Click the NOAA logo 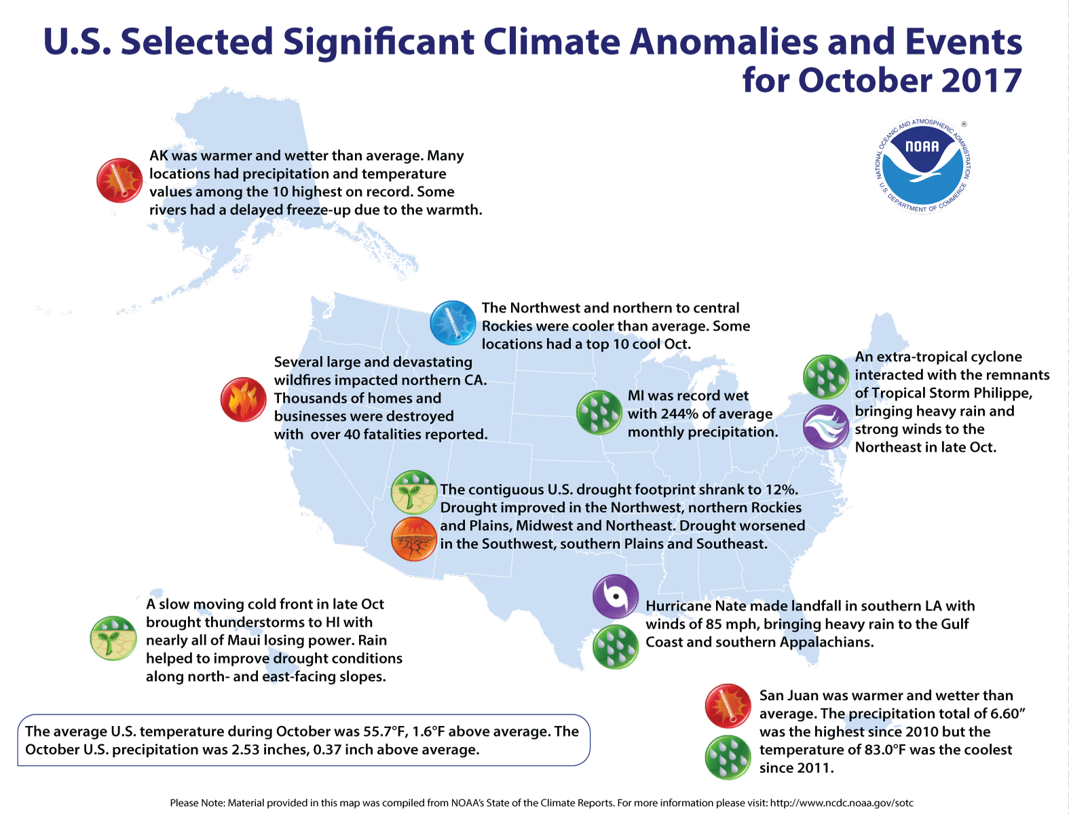(x=922, y=165)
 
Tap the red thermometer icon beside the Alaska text (x=119, y=181)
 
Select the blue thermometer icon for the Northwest (x=453, y=323)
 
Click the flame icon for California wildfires (x=244, y=399)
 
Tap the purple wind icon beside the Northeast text (x=825, y=427)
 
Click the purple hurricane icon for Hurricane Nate (x=616, y=596)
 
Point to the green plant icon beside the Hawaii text (x=113, y=638)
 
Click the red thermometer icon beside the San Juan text (x=728, y=706)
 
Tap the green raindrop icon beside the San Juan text (x=728, y=757)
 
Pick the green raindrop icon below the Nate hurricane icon (x=616, y=647)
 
